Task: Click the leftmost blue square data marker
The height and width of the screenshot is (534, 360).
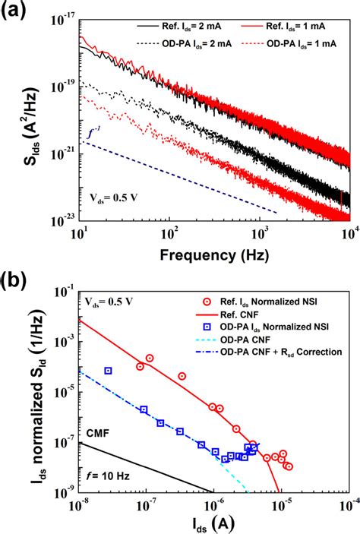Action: click(x=109, y=371)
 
